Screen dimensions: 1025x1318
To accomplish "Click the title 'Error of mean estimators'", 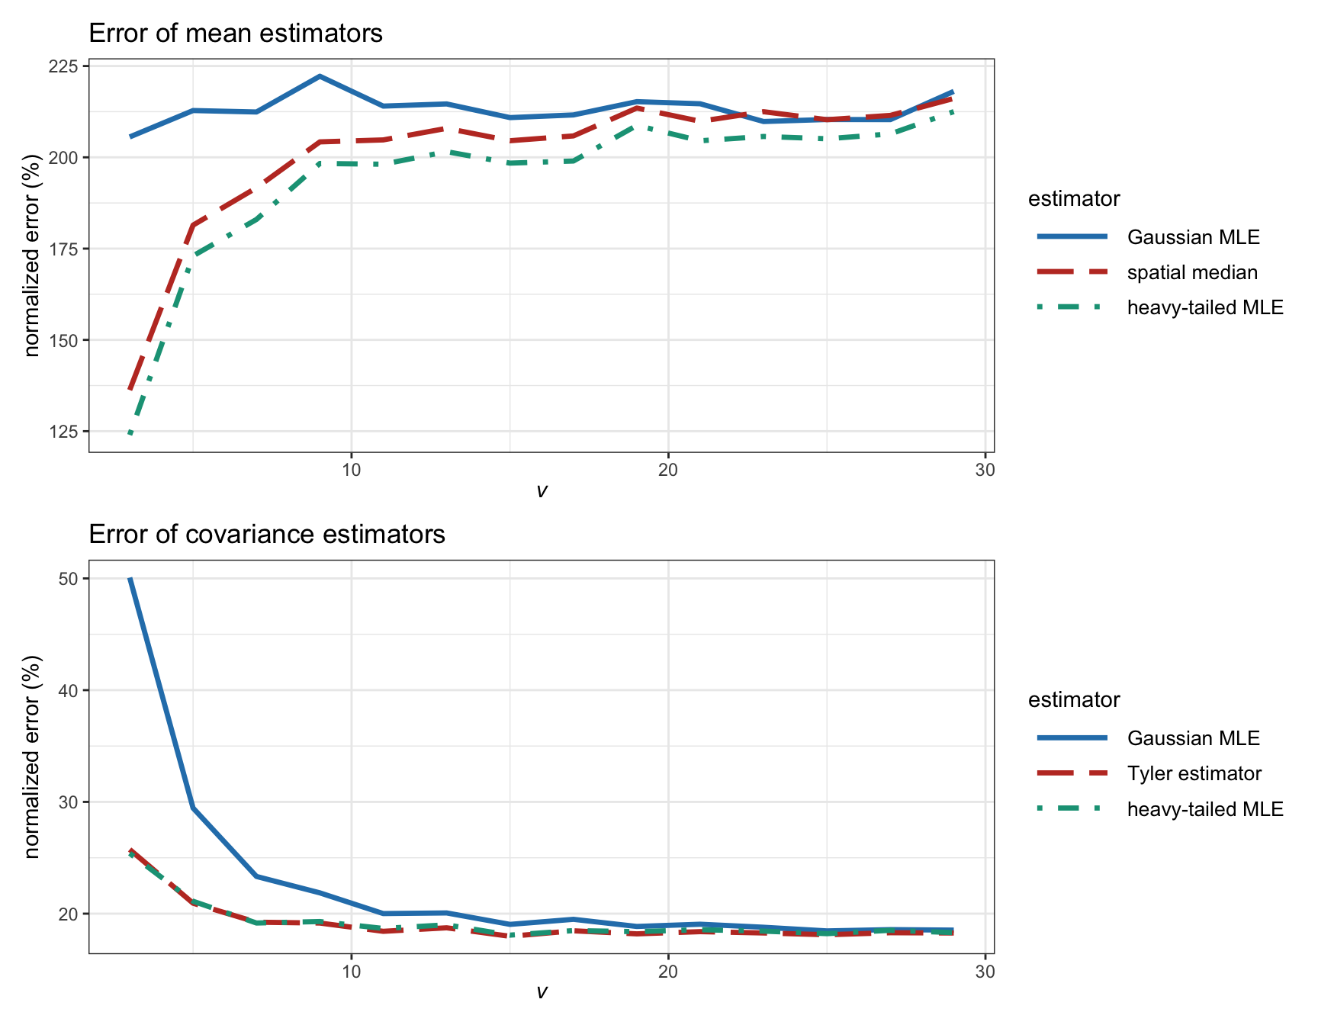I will pyautogui.click(x=236, y=34).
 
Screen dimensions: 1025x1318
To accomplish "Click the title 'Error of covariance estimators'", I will pyautogui.click(x=267, y=535).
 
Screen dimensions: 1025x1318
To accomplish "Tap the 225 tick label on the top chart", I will pyautogui.click(x=65, y=66).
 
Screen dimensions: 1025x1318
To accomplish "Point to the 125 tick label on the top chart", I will pyautogui.click(x=65, y=432).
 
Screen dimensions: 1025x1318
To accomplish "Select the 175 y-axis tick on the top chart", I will pyautogui.click(x=65, y=249).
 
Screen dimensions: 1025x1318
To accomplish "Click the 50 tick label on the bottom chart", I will pyautogui.click(x=69, y=579).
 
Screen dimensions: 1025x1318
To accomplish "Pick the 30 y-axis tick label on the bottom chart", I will pyautogui.click(x=69, y=802).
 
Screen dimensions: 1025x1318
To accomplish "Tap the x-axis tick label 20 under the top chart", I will pyautogui.click(x=668, y=470).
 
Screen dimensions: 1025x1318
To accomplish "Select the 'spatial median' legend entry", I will pyautogui.click(x=1192, y=272).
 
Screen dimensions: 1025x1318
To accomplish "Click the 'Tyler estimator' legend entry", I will pyautogui.click(x=1194, y=773).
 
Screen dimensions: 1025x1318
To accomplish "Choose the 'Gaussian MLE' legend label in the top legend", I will pyautogui.click(x=1194, y=237).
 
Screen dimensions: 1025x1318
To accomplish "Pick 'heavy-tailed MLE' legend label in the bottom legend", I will pyautogui.click(x=1205, y=809).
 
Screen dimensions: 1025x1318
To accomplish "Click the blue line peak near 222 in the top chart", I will pyautogui.click(x=320, y=76).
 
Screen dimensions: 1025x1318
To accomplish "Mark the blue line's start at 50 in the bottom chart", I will pyautogui.click(x=130, y=579).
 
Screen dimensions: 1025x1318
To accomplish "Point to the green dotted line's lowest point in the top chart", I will pyautogui.click(x=131, y=434).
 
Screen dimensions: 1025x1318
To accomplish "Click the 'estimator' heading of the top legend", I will pyautogui.click(x=1074, y=199).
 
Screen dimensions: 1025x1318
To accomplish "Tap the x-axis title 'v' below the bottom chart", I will pyautogui.click(x=542, y=992).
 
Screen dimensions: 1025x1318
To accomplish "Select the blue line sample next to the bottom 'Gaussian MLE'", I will pyautogui.click(x=1072, y=738).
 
